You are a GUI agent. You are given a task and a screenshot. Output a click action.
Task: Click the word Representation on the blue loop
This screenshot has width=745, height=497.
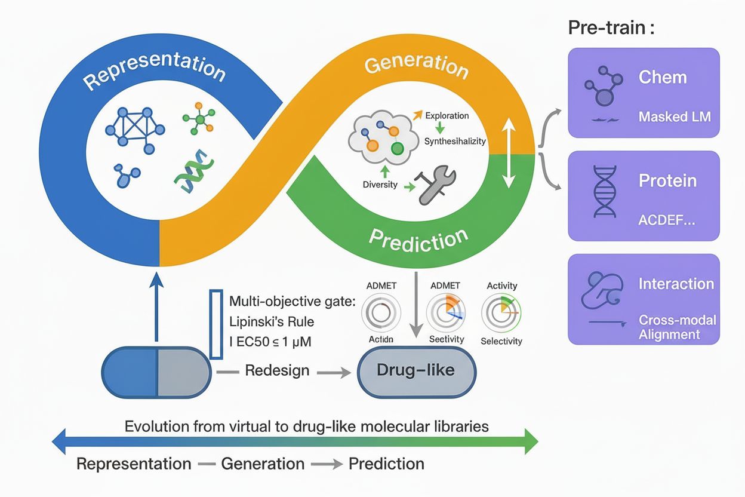[154, 75]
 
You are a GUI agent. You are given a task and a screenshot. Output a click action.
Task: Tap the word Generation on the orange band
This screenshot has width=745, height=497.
[416, 66]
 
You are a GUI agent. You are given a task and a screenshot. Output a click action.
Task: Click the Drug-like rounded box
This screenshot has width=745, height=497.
[416, 370]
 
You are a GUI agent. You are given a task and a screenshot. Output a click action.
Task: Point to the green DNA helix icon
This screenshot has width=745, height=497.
[192, 170]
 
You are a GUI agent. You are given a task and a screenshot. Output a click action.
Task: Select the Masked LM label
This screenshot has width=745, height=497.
[675, 116]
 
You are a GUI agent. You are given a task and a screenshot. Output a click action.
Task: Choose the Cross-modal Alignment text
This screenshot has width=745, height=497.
[677, 327]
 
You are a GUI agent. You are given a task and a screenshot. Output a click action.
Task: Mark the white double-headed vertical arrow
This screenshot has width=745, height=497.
[508, 154]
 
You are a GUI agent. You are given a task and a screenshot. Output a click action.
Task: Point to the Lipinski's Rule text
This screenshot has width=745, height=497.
[272, 321]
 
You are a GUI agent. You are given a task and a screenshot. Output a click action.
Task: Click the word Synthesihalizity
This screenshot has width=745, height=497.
[455, 141]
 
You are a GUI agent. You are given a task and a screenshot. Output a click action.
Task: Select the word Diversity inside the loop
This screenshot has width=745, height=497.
[380, 185]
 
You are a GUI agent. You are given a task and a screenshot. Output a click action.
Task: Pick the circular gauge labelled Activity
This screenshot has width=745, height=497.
[501, 311]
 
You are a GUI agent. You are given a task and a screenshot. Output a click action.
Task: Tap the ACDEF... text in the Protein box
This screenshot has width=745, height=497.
[666, 220]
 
